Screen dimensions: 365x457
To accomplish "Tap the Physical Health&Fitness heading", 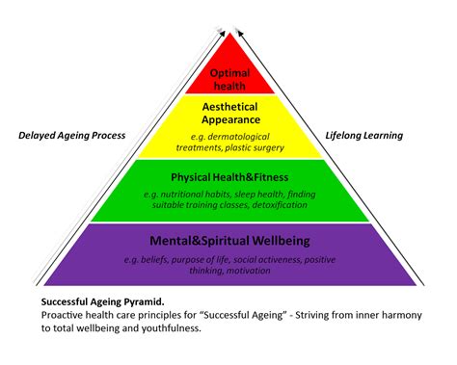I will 228,177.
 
